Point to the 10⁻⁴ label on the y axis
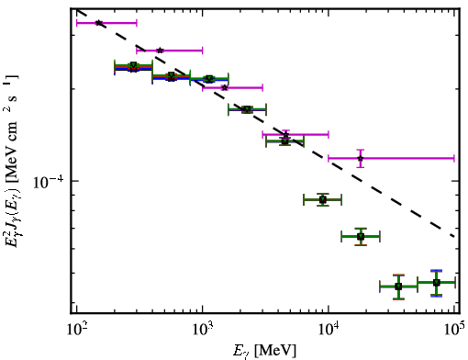[x=49, y=182]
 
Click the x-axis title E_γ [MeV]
[x=264, y=351]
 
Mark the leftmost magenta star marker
[x=99, y=23]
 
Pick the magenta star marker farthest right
[x=361, y=159]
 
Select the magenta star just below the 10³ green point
[x=225, y=88]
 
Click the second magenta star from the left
[x=160, y=51]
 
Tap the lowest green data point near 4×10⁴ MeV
[x=398, y=287]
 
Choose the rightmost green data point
[x=437, y=283]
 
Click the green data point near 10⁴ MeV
[x=323, y=200]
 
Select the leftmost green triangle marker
[x=133, y=65]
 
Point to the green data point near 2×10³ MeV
[x=247, y=109]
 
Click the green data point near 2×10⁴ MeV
[x=361, y=236]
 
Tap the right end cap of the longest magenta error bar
[x=454, y=159]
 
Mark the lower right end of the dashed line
[x=454, y=236]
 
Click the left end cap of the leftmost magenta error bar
[x=76, y=23]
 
